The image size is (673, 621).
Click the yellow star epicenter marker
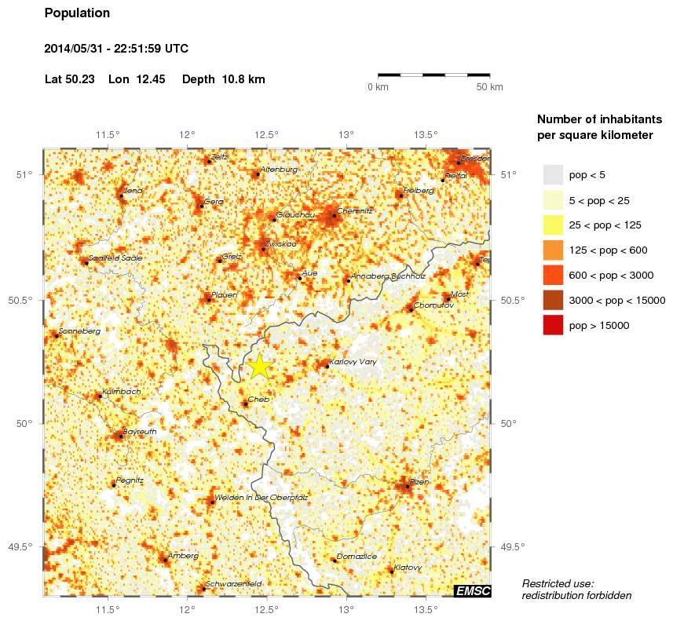[x=259, y=365]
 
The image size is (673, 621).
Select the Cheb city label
[x=258, y=400]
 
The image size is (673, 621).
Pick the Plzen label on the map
[x=419, y=482]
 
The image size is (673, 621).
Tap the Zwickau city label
[x=281, y=244]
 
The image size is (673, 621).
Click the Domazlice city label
[x=357, y=556]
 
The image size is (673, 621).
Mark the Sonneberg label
[x=79, y=331]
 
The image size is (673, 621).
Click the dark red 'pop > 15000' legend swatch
[x=554, y=324]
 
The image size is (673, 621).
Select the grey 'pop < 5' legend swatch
[x=554, y=174]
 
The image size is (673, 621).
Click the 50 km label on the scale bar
[x=489, y=86]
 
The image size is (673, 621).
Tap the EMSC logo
[x=473, y=590]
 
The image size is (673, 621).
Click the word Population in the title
[x=77, y=13]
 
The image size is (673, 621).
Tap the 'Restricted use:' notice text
[x=558, y=583]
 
